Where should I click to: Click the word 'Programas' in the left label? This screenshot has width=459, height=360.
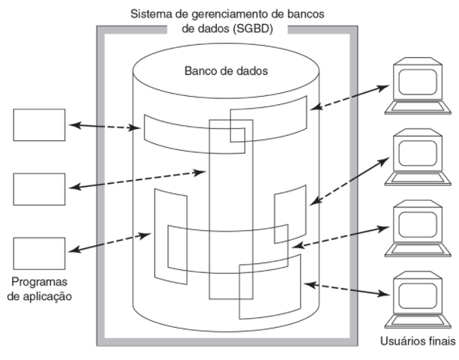[36, 282]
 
